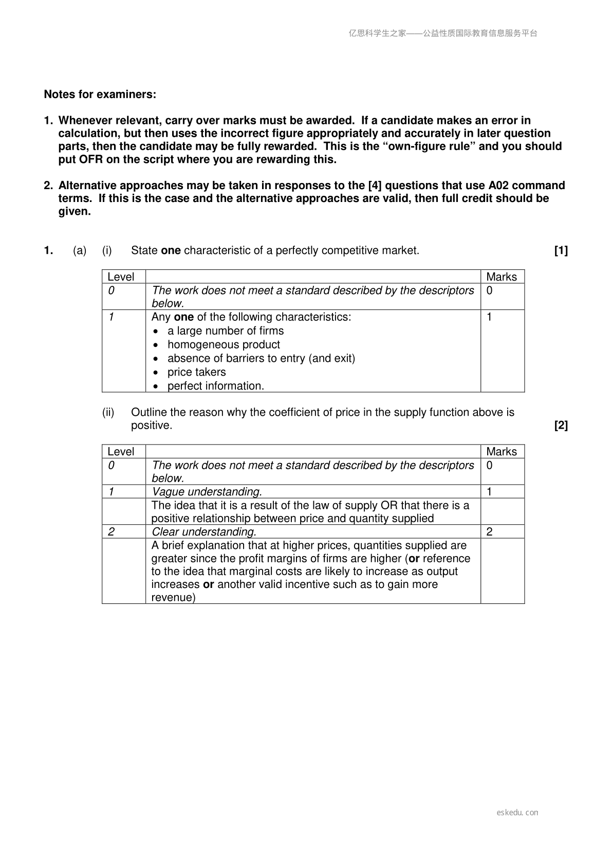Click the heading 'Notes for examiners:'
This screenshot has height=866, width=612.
pyautogui.click(x=100, y=95)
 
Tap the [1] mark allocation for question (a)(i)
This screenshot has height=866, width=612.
pyautogui.click(x=561, y=251)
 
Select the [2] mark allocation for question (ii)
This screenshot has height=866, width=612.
pyautogui.click(x=561, y=426)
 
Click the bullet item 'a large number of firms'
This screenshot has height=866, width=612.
pyautogui.click(x=225, y=331)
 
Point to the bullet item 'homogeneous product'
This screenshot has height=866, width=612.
pyautogui.click(x=224, y=345)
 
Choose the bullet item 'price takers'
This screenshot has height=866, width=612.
pyautogui.click(x=196, y=372)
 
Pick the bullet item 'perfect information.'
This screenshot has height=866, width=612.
pyautogui.click(x=215, y=386)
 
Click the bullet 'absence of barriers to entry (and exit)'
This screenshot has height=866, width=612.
pyautogui.click(x=261, y=358)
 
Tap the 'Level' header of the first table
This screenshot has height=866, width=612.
pyautogui.click(x=121, y=277)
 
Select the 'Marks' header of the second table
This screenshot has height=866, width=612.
pyautogui.click(x=501, y=452)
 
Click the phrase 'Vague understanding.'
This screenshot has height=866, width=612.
pyautogui.click(x=207, y=492)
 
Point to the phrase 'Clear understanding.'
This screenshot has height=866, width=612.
pyautogui.click(x=204, y=532)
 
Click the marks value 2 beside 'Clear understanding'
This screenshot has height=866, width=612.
pyautogui.click(x=489, y=532)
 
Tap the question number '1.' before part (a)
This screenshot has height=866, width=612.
pyautogui.click(x=48, y=251)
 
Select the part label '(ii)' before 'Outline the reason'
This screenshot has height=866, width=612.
pyautogui.click(x=108, y=412)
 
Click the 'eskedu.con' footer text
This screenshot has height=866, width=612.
pyautogui.click(x=517, y=813)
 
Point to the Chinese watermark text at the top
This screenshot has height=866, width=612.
pyautogui.click(x=442, y=33)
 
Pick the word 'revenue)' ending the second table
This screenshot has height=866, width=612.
pyautogui.click(x=173, y=598)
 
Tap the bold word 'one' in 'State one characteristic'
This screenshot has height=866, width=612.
pyautogui.click(x=171, y=251)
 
